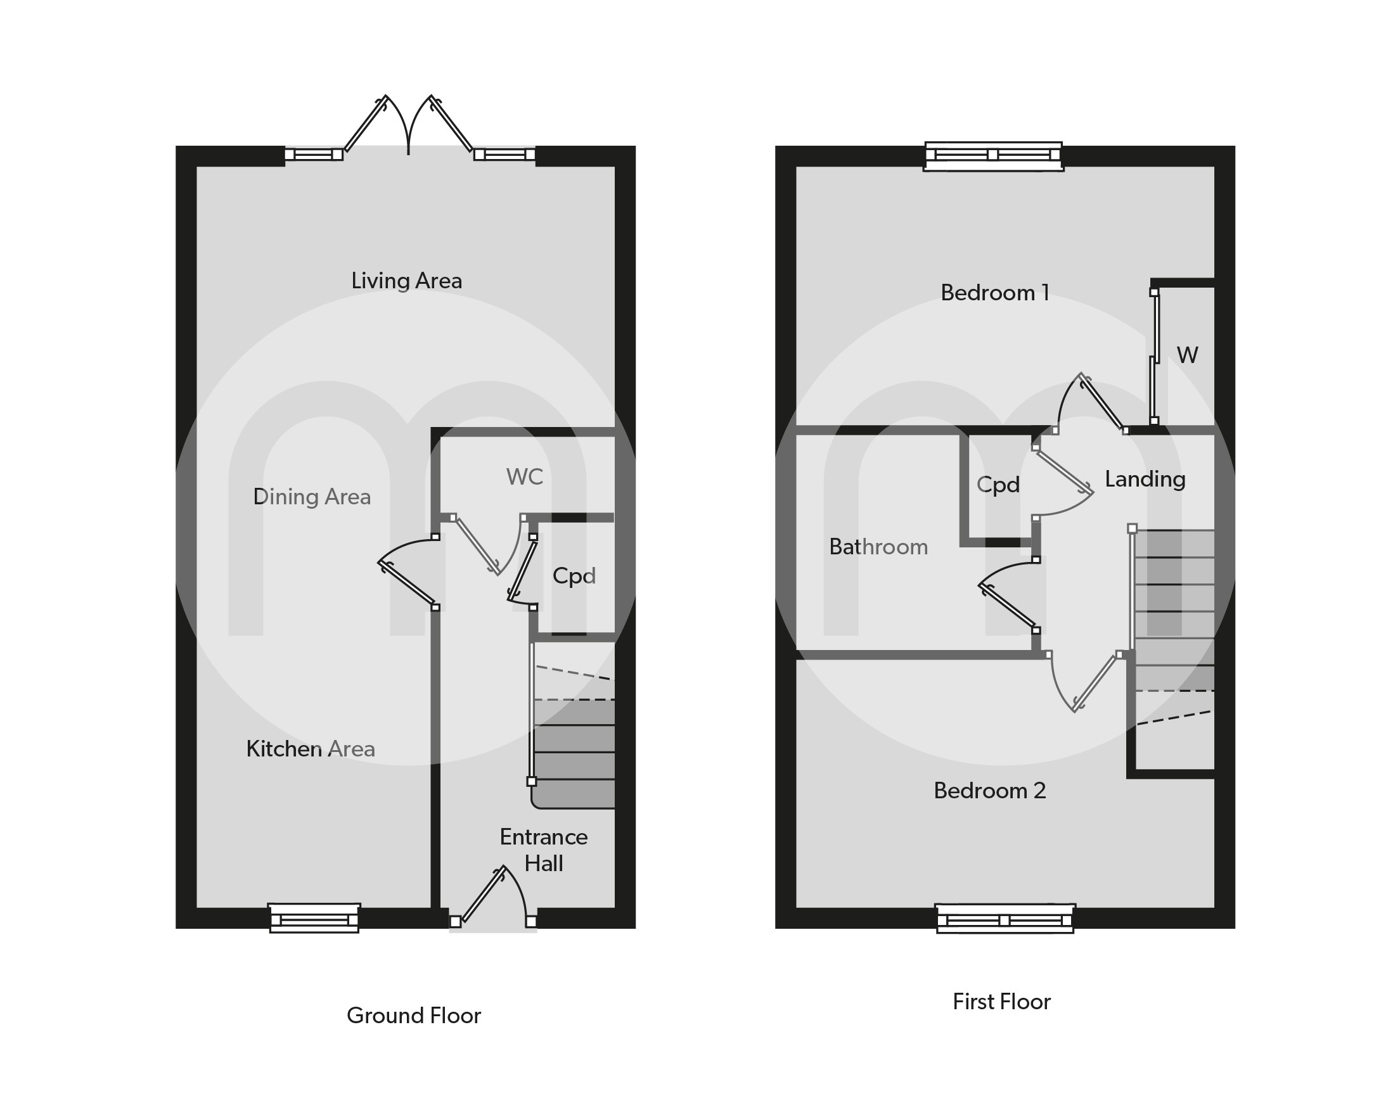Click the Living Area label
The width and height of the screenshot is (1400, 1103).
pos(406,281)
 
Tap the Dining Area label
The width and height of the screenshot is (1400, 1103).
pos(311,497)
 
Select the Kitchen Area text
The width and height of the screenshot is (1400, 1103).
pos(310,748)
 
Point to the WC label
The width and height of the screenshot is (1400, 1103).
pos(524,476)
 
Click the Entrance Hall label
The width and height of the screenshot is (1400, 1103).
pos(543,850)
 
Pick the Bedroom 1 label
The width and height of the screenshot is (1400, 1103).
pos(994,293)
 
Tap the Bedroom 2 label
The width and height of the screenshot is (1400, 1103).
pos(990,791)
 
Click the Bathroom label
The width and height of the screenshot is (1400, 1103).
pos(878,547)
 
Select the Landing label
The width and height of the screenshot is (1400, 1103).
pos(1145,479)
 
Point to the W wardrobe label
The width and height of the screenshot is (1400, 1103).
pos(1188,355)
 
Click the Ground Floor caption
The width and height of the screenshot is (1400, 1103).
pos(413,1016)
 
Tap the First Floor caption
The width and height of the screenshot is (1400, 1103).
pos(1001,1002)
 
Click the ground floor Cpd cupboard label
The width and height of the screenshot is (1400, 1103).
pos(574,576)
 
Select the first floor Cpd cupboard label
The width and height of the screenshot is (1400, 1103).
pos(998,485)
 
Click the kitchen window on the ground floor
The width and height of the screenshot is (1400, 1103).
pos(314,917)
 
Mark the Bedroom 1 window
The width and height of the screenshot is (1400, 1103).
pos(993,156)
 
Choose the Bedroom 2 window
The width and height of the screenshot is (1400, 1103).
pos(1005,918)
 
